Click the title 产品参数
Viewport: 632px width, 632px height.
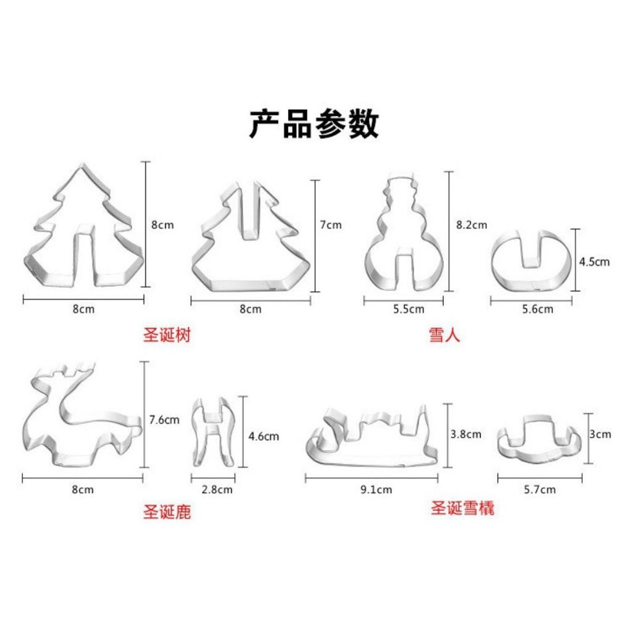314,123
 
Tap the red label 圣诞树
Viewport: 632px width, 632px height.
167,335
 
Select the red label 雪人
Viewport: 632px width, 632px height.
444,335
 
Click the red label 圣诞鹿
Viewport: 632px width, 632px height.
167,512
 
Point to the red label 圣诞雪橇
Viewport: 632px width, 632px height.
462,508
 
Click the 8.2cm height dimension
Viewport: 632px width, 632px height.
472,225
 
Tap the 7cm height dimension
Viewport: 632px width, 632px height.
331,225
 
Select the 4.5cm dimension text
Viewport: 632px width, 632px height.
594,262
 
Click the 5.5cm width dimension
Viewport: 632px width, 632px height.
409,309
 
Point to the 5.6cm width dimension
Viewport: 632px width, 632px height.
538,309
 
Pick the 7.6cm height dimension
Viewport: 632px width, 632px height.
164,420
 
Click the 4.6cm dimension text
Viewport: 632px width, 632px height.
264,436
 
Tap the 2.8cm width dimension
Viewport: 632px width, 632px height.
217,489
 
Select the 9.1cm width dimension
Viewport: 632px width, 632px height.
376,489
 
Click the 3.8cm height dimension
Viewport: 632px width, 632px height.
466,434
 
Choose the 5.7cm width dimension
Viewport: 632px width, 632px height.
539,489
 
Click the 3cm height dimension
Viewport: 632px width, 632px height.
600,434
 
